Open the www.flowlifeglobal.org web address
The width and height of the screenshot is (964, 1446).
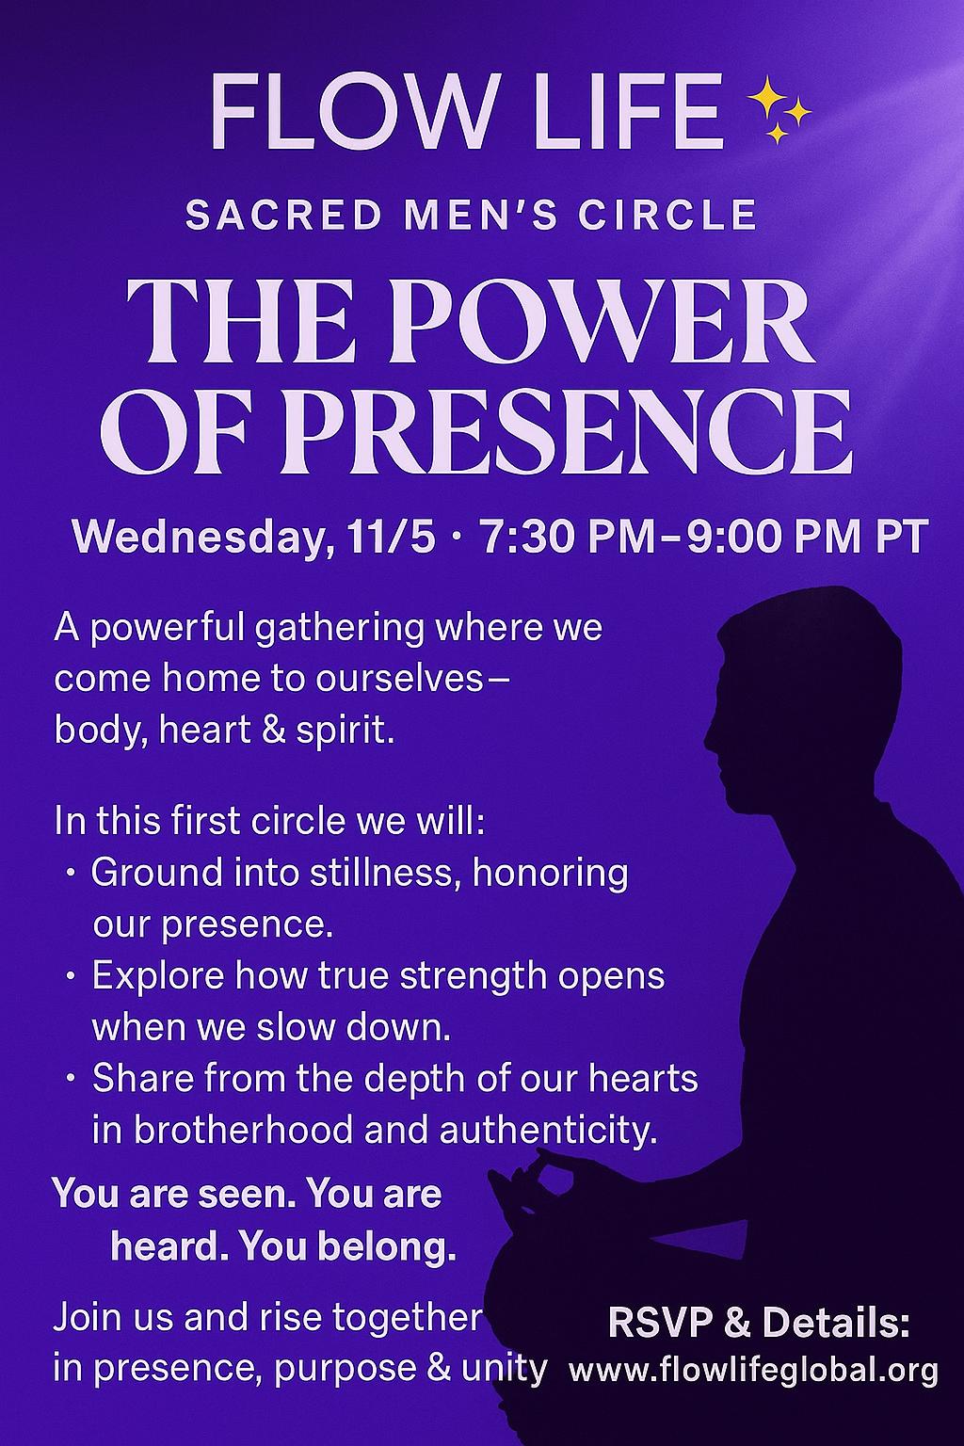coord(753,1370)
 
